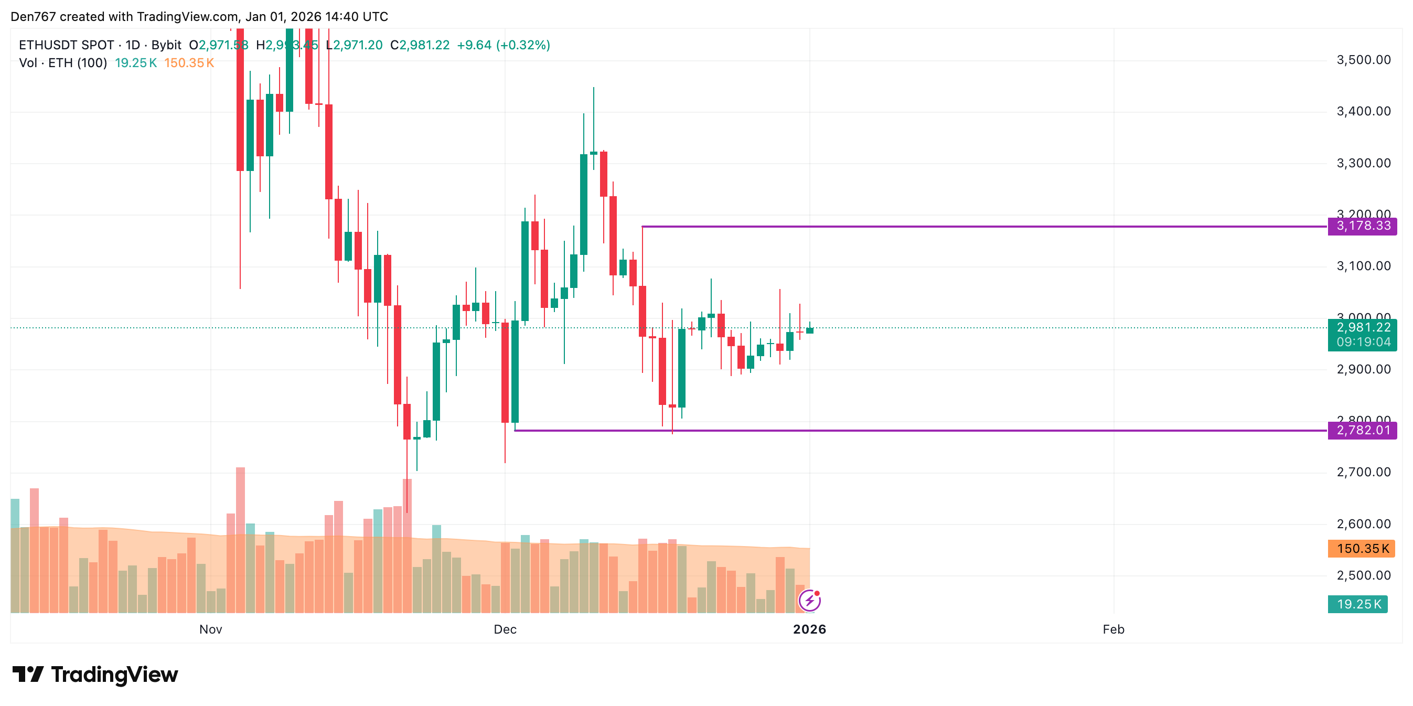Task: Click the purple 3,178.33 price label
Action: [1363, 226]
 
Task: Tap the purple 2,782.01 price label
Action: [1363, 430]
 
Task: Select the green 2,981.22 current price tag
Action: [1363, 327]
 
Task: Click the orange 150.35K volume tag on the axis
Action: [1362, 549]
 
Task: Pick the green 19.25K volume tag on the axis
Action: [1357, 604]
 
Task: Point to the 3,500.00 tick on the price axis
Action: [1363, 60]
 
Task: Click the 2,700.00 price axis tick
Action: [1363, 472]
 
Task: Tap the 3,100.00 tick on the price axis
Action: [1363, 266]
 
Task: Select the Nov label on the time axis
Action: [211, 629]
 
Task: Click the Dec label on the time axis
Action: [505, 629]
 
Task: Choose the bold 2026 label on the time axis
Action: [809, 629]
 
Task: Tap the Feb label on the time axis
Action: [1113, 629]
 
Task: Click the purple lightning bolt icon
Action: [810, 601]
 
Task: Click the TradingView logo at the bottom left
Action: [95, 674]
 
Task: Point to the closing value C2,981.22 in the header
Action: [420, 45]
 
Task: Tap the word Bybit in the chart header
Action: [166, 45]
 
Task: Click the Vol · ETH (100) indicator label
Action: [63, 63]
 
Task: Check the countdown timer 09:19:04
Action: [1363, 343]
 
